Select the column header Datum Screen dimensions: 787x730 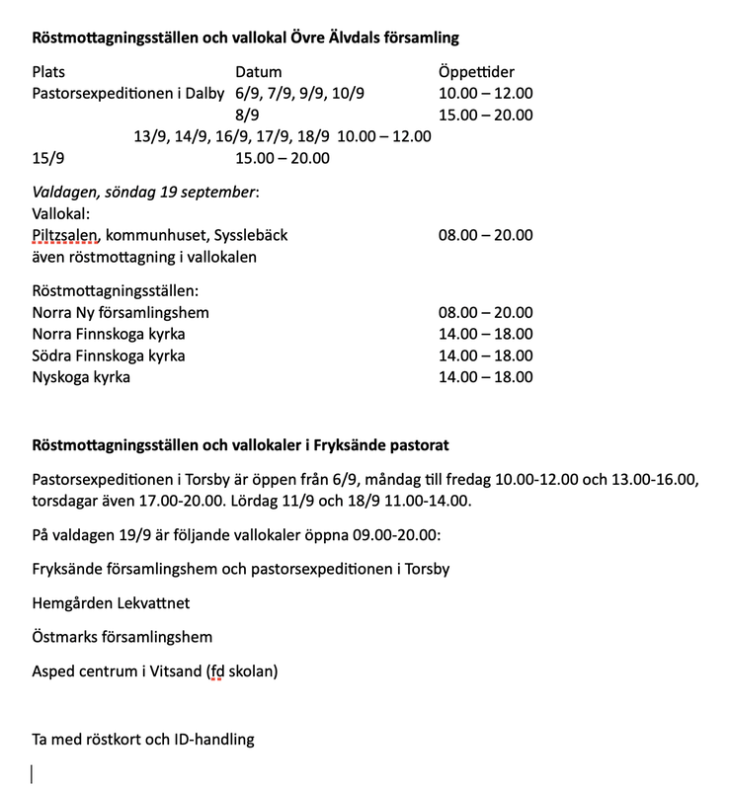click(x=258, y=72)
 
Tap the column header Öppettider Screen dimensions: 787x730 click(x=476, y=72)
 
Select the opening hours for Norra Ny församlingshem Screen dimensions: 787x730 click(x=485, y=313)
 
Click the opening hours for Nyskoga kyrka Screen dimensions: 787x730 click(x=485, y=377)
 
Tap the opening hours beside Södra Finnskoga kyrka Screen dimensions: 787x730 click(x=485, y=355)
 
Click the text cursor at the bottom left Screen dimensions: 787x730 click(x=33, y=774)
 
